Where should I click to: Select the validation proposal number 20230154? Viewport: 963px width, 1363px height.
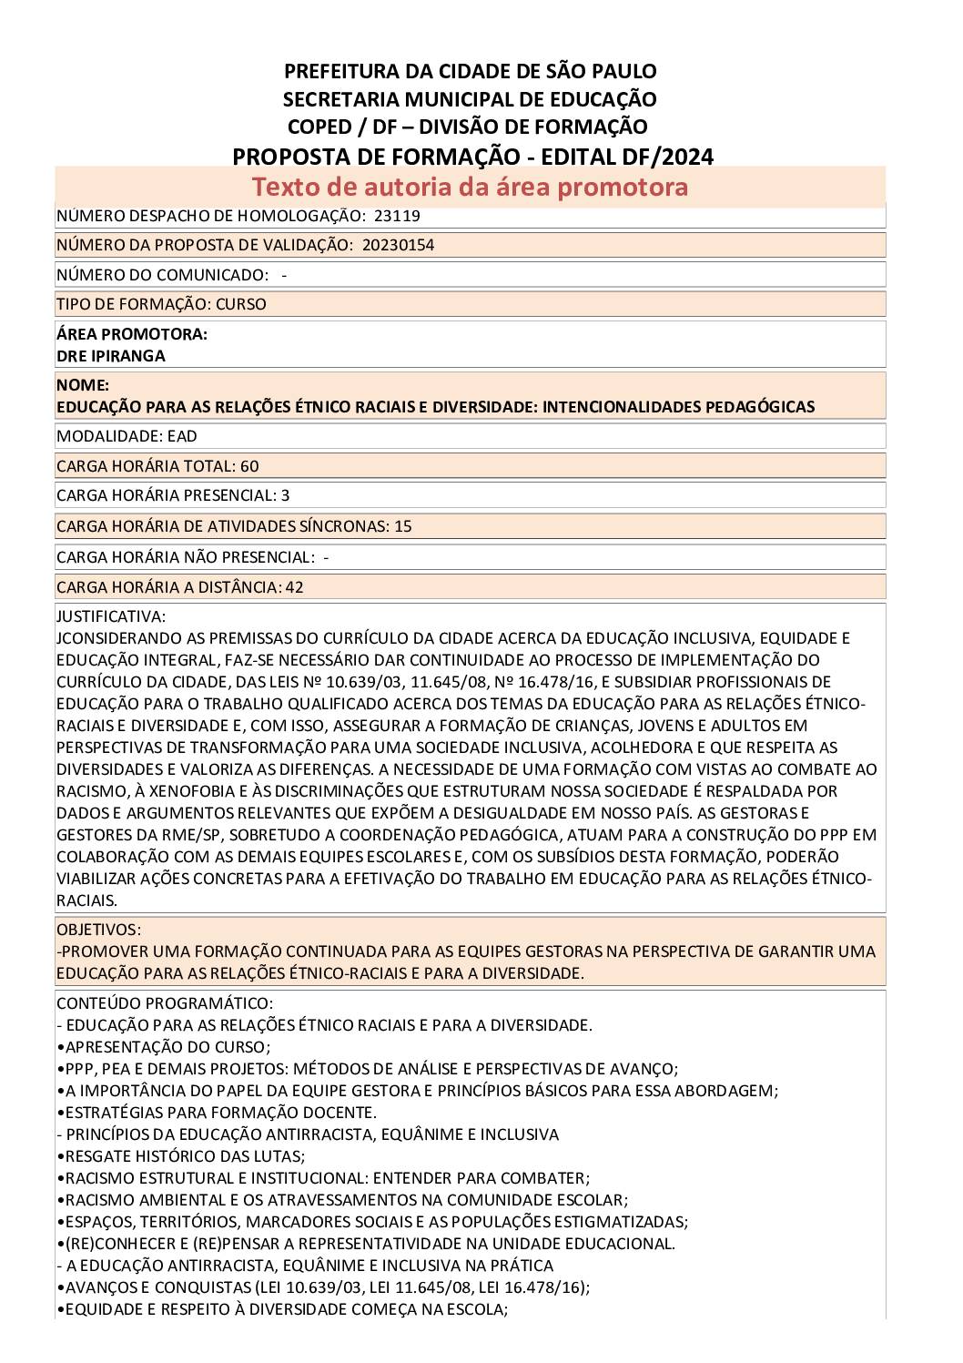click(398, 245)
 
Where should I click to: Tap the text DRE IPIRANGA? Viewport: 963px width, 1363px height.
click(110, 356)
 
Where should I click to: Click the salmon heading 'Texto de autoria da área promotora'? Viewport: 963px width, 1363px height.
click(470, 187)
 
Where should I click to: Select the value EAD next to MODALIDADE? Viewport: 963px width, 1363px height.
click(182, 436)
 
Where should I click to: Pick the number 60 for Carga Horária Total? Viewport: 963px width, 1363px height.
click(249, 466)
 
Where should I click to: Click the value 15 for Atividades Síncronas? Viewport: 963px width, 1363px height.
click(403, 526)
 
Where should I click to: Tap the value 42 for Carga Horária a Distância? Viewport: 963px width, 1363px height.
click(294, 587)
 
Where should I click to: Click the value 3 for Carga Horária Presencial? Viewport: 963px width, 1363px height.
click(285, 495)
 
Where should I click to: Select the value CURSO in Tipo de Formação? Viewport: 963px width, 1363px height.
click(241, 304)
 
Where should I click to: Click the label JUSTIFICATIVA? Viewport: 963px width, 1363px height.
click(111, 616)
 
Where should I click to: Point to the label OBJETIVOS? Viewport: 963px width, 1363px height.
click(98, 930)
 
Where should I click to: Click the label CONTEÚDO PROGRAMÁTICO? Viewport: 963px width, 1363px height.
click(164, 1003)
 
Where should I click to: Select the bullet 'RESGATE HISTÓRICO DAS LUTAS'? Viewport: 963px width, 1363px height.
click(182, 1156)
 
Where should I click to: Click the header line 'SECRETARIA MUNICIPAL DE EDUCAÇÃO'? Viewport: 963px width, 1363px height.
click(470, 98)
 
